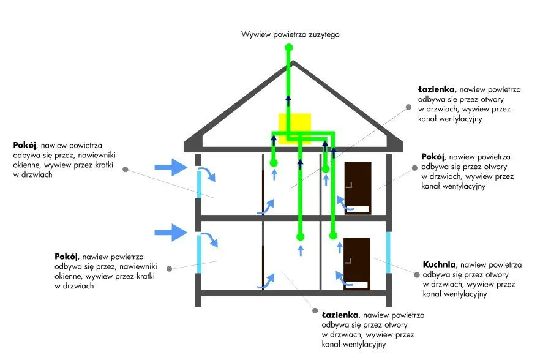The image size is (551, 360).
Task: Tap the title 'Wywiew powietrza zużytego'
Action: pos(290,34)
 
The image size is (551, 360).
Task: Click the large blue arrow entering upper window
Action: pos(171,166)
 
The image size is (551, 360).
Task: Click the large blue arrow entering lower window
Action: pos(171,231)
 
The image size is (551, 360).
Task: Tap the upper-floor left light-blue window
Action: pos(199,184)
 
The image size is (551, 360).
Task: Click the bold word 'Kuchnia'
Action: pos(439,265)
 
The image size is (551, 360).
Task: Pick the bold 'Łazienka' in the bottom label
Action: pos(340,315)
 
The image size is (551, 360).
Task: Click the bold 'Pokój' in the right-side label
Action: pos(433,157)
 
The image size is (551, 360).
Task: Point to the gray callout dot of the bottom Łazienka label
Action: pos(314,311)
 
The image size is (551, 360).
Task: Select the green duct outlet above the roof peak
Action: pos(290,49)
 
